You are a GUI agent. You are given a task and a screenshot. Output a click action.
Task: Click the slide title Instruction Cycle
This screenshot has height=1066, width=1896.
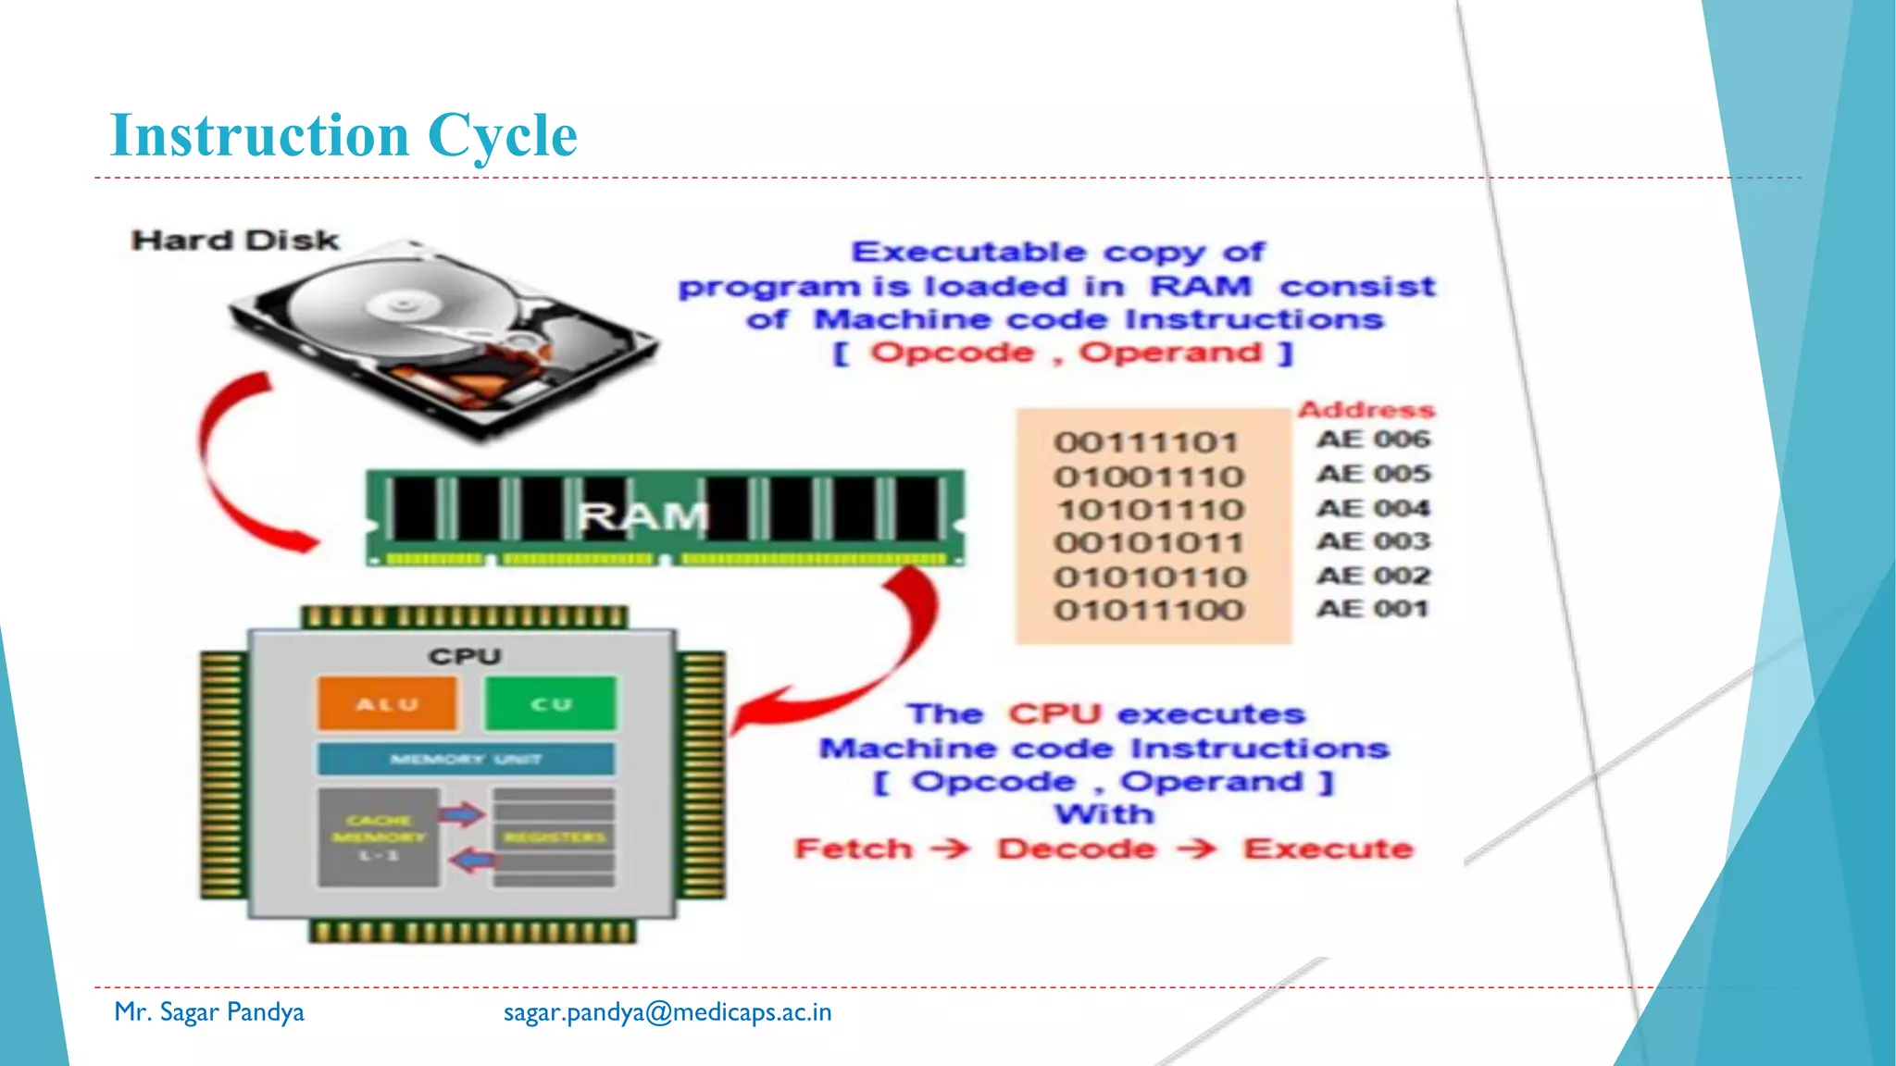pos(343,135)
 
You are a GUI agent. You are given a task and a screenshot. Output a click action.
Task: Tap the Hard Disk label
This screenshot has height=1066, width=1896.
pos(235,241)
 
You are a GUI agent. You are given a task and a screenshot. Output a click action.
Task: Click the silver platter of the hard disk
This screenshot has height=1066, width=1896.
pos(389,305)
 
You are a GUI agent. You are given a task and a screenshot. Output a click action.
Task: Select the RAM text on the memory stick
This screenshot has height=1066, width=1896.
pos(643,516)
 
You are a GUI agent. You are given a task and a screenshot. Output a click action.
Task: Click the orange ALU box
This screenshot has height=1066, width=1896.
pos(387,704)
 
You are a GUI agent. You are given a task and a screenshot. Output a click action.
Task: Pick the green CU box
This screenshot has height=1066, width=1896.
pos(551,704)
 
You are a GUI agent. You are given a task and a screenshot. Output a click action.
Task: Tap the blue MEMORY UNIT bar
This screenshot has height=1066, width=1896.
pos(466,759)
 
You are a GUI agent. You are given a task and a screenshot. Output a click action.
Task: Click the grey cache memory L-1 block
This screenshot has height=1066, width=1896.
pos(378,837)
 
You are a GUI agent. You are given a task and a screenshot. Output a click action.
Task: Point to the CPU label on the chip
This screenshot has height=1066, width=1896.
pos(465,656)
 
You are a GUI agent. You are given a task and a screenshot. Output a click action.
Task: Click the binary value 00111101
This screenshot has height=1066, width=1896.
pos(1146,442)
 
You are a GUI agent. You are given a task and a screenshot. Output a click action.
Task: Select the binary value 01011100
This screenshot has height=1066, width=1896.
pos(1149,610)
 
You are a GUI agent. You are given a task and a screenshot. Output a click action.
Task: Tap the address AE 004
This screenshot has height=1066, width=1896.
pos(1373,508)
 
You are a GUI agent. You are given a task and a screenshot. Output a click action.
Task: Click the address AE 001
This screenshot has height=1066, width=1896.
pos(1373,609)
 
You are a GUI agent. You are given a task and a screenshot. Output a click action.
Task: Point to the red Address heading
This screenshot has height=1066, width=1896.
pos(1366,409)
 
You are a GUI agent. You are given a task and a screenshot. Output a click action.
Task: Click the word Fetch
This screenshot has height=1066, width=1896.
pos(854,849)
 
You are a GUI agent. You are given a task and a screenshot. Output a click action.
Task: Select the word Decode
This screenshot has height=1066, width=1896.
pos(1077,849)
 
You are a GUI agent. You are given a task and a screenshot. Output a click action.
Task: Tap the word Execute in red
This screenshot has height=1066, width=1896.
pos(1328,849)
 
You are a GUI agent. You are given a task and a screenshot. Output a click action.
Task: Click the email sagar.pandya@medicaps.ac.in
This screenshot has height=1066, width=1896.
pos(667,1012)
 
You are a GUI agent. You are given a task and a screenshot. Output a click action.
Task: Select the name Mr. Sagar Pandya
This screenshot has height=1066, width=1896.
pos(209,1012)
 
